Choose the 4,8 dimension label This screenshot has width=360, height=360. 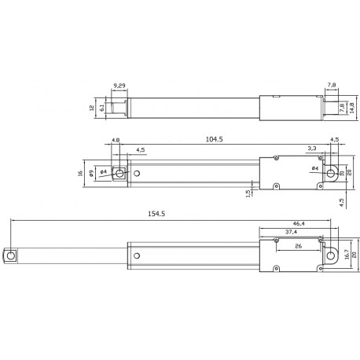[x=116, y=141]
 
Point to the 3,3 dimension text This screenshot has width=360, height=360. [x=312, y=147]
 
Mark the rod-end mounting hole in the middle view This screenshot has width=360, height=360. [x=119, y=173]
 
